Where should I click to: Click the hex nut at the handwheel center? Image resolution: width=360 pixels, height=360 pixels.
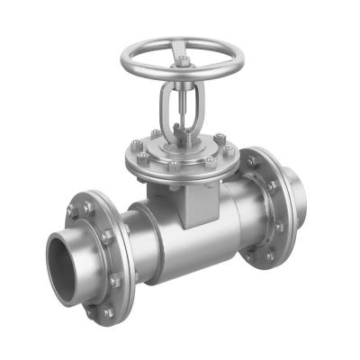tap(183, 60)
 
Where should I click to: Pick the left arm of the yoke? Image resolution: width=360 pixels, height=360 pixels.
tap(166, 108)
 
